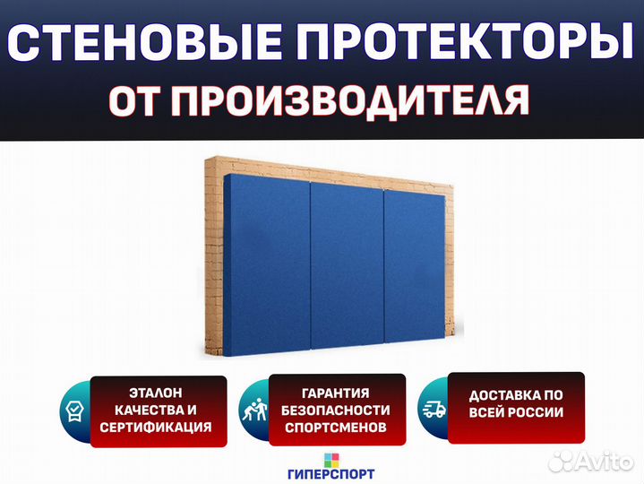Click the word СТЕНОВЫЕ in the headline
click(144, 43)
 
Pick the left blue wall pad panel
click(267, 265)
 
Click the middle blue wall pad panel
click(347, 265)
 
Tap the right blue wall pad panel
click(415, 266)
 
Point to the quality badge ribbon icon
click(74, 411)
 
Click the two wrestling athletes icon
click(254, 410)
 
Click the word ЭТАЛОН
click(156, 393)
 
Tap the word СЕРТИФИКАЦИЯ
click(156, 428)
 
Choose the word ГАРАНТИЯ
click(336, 393)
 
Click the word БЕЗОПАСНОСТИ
click(336, 410)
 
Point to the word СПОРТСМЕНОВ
click(336, 428)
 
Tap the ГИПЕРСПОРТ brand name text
click(331, 474)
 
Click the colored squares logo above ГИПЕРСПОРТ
click(331, 460)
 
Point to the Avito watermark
click(591, 462)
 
